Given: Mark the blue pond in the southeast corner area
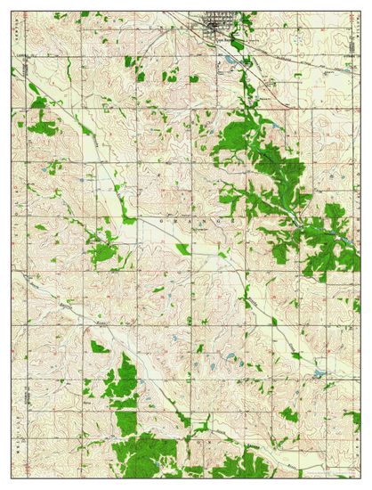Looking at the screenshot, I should [318, 374].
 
